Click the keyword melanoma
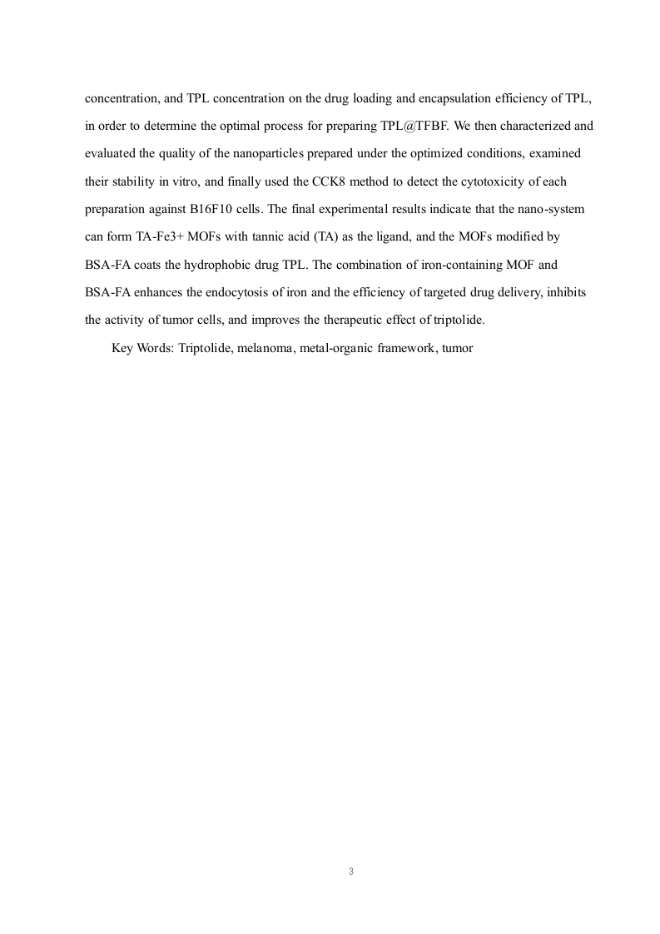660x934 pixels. click(262, 349)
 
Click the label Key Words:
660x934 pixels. click(142, 349)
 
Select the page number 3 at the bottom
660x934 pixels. click(351, 872)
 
